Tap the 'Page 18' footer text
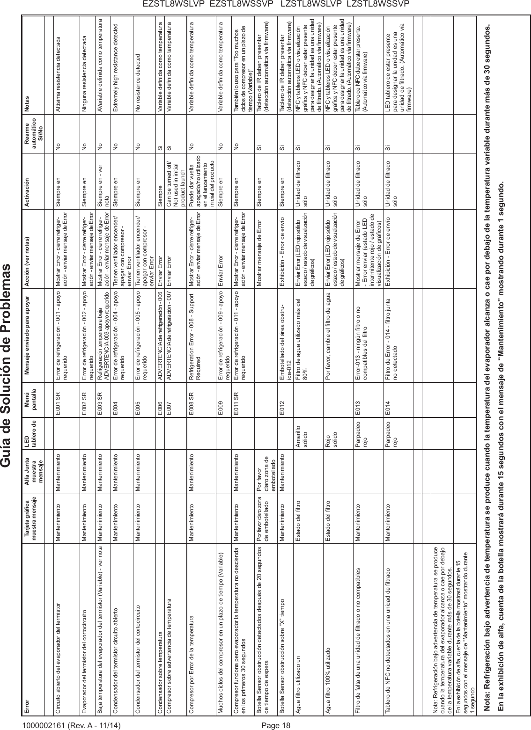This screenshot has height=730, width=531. (x=275, y=726)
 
